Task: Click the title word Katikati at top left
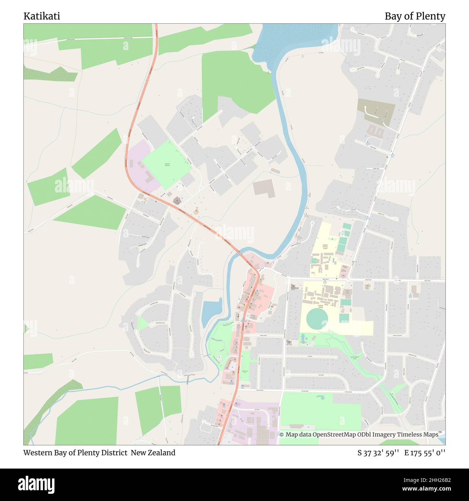[x=41, y=16]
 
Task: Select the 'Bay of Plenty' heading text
[x=415, y=16]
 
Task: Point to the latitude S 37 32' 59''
[x=378, y=453]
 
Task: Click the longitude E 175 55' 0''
[x=425, y=453]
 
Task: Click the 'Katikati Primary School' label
[x=325, y=247]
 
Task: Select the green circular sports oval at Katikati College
[x=317, y=319]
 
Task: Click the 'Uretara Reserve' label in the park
[x=167, y=165]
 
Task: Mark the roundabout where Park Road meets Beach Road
[x=348, y=279]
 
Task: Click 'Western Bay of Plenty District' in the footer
[x=75, y=453]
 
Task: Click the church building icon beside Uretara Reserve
[x=177, y=199]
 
